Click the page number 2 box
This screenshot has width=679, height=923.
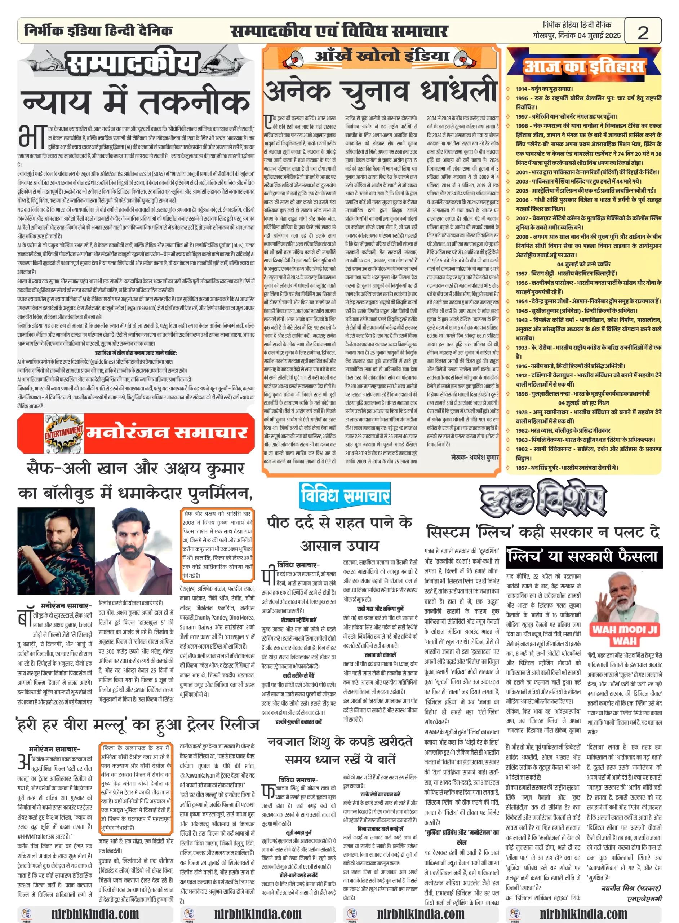tap(643, 31)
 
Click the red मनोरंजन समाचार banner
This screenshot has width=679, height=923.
tap(167, 433)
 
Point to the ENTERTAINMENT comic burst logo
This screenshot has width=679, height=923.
tap(64, 433)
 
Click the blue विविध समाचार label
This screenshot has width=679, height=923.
tap(345, 495)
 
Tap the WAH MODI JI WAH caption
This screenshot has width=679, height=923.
tap(624, 635)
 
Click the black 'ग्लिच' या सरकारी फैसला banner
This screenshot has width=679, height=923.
tap(583, 557)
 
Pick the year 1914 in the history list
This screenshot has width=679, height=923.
tap(522, 89)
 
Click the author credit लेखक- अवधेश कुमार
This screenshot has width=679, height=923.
tap(475, 457)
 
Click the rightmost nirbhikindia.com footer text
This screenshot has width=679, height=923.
tap(583, 914)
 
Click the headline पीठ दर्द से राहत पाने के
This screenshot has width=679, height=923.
tap(339, 522)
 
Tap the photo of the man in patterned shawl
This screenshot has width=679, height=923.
tap(56, 551)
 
